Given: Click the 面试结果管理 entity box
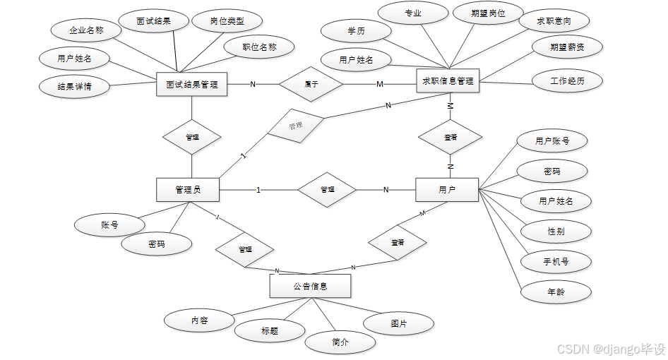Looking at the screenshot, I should [x=191, y=85].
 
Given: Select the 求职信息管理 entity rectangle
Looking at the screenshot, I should [x=448, y=81].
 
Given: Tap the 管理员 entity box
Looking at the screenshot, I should [x=188, y=189].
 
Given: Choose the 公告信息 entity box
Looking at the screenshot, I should [x=310, y=286].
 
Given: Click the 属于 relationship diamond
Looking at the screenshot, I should [x=311, y=84].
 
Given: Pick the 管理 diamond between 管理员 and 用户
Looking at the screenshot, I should [x=327, y=190].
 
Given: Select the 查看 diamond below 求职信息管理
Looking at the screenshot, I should [x=450, y=137].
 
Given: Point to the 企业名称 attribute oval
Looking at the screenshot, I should [x=86, y=30].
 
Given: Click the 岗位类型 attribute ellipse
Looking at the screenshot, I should [x=227, y=21].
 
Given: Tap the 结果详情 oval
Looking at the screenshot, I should [x=74, y=87].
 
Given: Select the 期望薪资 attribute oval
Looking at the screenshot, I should [x=567, y=47].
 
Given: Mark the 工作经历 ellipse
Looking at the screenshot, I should [x=567, y=81].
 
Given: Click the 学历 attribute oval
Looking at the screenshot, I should [x=356, y=31].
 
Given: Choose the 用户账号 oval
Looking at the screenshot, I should [x=552, y=141].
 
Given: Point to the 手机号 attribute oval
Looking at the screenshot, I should [x=555, y=261].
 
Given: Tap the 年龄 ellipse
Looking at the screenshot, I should [x=555, y=291].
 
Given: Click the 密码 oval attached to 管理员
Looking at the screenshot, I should [x=157, y=244].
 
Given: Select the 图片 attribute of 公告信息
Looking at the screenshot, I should [x=398, y=323].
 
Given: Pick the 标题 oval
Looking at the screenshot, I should [x=269, y=330].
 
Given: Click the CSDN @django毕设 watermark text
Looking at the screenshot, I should [x=611, y=349].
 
